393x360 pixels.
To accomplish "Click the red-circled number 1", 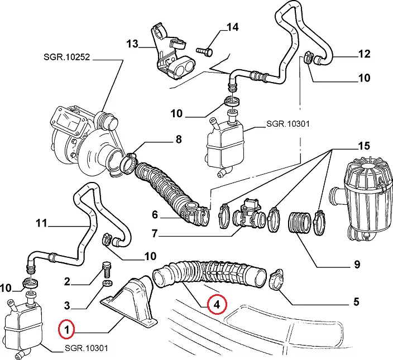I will (67, 329).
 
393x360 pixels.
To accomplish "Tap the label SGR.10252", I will (66, 57).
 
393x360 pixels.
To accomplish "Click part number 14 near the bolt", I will (232, 27).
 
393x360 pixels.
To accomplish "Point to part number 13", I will (132, 44).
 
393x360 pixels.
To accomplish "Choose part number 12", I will (364, 54).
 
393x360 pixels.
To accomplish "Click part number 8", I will (179, 140).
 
